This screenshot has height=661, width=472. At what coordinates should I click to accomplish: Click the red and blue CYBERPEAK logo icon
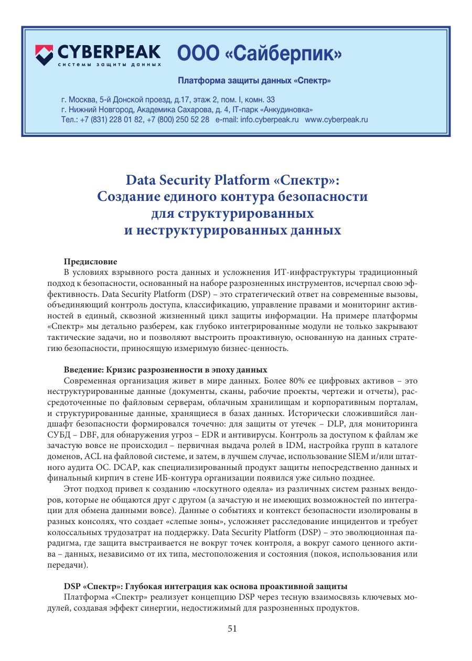click(44, 54)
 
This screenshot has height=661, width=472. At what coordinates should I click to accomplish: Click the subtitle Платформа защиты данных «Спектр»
click(254, 81)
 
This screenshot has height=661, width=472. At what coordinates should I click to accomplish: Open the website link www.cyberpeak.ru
click(336, 120)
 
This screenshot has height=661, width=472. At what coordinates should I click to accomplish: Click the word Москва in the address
click(84, 100)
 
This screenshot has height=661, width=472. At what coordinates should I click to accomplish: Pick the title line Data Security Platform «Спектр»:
click(233, 180)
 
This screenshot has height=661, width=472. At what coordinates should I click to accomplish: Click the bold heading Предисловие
click(91, 262)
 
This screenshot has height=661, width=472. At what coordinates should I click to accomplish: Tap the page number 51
click(233, 629)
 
